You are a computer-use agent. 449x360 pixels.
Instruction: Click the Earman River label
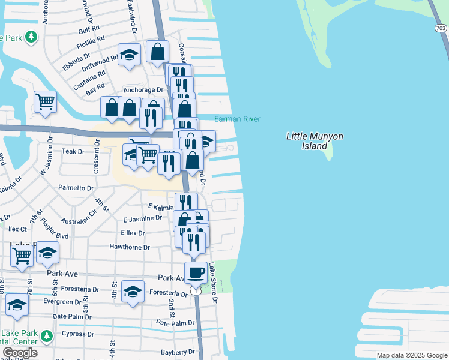pyautogui.click(x=238, y=119)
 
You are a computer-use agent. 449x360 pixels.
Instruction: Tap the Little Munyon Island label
pyautogui.click(x=315, y=141)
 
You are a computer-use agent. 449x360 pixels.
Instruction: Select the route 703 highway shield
pyautogui.click(x=441, y=28)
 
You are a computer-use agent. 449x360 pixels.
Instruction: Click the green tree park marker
pyautogui.click(x=29, y=37)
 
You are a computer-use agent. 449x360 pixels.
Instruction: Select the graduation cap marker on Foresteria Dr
pyautogui.click(x=133, y=292)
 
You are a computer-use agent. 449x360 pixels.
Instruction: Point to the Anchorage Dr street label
pyautogui.click(x=143, y=90)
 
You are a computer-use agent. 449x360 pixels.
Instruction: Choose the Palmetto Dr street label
pyautogui.click(x=76, y=188)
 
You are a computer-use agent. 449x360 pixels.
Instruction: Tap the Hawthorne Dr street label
pyautogui.click(x=130, y=247)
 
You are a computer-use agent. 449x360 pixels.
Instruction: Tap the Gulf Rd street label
pyautogui.click(x=88, y=29)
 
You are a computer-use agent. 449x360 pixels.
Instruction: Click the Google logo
pyautogui.click(x=20, y=353)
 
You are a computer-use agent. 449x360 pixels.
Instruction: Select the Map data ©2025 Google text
pyautogui.click(x=411, y=355)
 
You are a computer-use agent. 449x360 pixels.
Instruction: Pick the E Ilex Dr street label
pyautogui.click(x=133, y=233)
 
